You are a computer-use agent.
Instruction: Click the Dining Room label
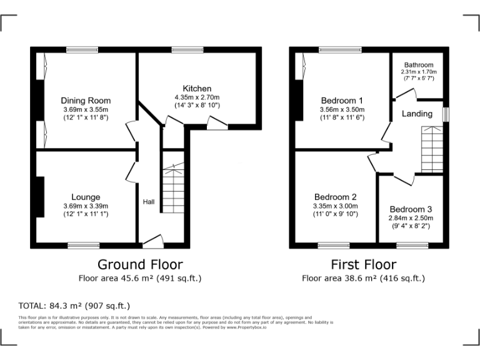[86, 101]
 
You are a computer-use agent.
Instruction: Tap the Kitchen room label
[197, 89]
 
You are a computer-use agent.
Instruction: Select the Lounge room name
[86, 197]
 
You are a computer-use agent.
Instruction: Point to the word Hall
[149, 202]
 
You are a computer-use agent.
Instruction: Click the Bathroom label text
[418, 65]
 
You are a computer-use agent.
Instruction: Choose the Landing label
[417, 114]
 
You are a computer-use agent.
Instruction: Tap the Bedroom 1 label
[342, 101]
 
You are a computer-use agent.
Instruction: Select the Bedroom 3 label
[411, 209]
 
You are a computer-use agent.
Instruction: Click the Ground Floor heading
[140, 264]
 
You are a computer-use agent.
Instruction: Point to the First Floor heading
[363, 264]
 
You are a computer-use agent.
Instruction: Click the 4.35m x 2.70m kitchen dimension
[197, 97]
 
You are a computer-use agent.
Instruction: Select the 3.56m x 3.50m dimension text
[342, 109]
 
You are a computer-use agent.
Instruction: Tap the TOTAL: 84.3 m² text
[74, 306]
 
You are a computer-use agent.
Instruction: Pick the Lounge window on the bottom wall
[84, 246]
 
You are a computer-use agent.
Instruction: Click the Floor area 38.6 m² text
[363, 278]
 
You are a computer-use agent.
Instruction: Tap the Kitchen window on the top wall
[183, 49]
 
